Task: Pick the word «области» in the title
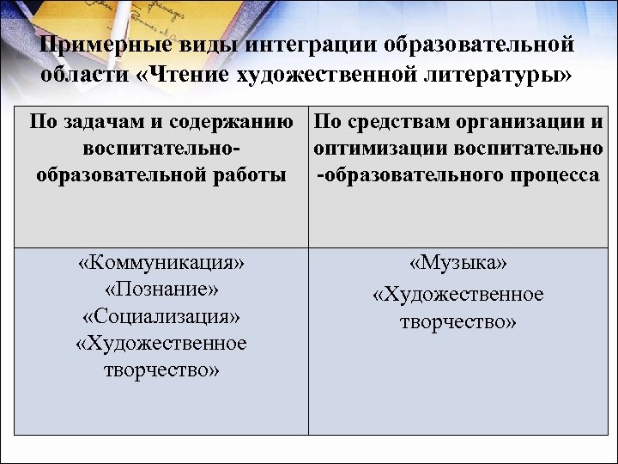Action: [81, 74]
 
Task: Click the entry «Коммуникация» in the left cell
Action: [161, 262]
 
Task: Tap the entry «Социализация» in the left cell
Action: [161, 315]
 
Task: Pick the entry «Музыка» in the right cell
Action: [457, 262]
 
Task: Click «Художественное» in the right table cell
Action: [457, 295]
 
